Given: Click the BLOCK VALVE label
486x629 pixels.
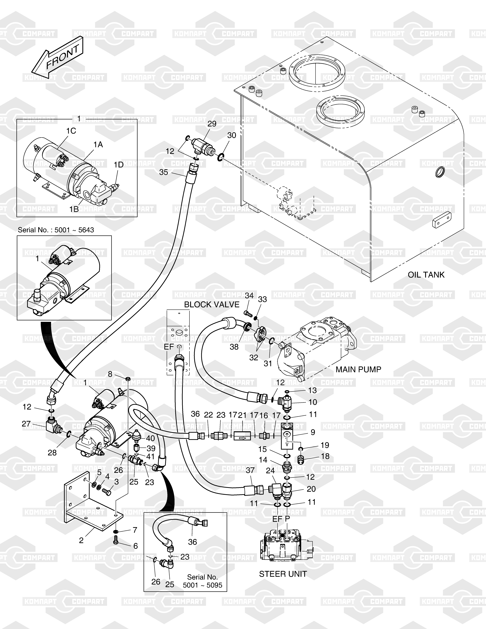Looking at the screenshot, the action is (x=212, y=304).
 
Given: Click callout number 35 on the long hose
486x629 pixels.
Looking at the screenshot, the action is (x=164, y=172).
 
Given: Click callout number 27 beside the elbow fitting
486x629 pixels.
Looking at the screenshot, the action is (x=26, y=424).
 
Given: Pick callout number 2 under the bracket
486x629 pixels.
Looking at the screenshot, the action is (x=81, y=540).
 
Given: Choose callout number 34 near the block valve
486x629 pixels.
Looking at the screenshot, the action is (x=249, y=295).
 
